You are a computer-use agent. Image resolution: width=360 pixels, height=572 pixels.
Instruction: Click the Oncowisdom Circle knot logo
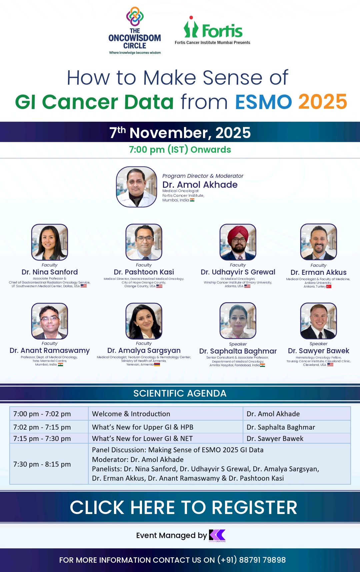pos(135,16)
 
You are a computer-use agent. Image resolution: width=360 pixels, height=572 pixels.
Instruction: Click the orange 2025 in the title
pos(322,102)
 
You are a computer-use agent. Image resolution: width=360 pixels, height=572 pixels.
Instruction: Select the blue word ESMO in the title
pos(263,102)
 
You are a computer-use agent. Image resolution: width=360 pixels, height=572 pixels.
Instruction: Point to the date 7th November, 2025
pos(180,132)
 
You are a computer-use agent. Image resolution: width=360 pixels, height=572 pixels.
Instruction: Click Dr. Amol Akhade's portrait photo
pos(136,187)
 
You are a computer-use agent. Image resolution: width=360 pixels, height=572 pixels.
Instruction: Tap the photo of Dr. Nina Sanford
pos(50,242)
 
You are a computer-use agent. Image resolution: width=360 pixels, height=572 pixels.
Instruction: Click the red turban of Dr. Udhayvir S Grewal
pos(238,233)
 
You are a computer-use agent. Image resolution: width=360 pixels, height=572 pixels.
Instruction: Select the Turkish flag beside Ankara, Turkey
pos(329,287)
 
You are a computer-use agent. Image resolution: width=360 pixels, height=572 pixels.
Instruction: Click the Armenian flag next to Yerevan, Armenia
pos(157,365)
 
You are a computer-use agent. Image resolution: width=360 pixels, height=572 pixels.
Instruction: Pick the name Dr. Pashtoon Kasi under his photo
pos(144,272)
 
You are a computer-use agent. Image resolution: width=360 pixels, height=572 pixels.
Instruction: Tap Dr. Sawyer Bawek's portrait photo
pos(318,321)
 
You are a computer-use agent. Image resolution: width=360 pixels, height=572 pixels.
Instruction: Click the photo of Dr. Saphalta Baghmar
pos(238,321)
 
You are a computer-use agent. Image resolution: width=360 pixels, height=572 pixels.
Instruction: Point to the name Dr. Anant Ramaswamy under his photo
pos(50,351)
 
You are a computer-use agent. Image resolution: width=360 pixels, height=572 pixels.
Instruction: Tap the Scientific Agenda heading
pos(180,394)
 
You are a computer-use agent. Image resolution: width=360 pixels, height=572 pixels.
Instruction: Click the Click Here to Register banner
pos(183,507)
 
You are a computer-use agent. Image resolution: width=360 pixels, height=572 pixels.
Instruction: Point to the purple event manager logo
pos(217,535)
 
